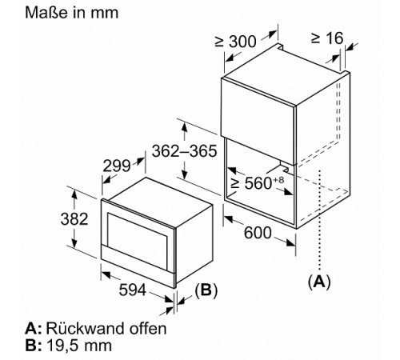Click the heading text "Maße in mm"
pos(71,13)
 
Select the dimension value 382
pos(74,219)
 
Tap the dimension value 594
pos(133,290)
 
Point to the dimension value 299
pos(117,166)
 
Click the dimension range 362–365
pos(184,151)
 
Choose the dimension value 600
pos(258,233)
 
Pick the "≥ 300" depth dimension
pos(236,42)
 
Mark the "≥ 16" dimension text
pos(327,38)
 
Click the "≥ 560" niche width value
pos(251,183)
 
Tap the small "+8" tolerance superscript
pos(278,180)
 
